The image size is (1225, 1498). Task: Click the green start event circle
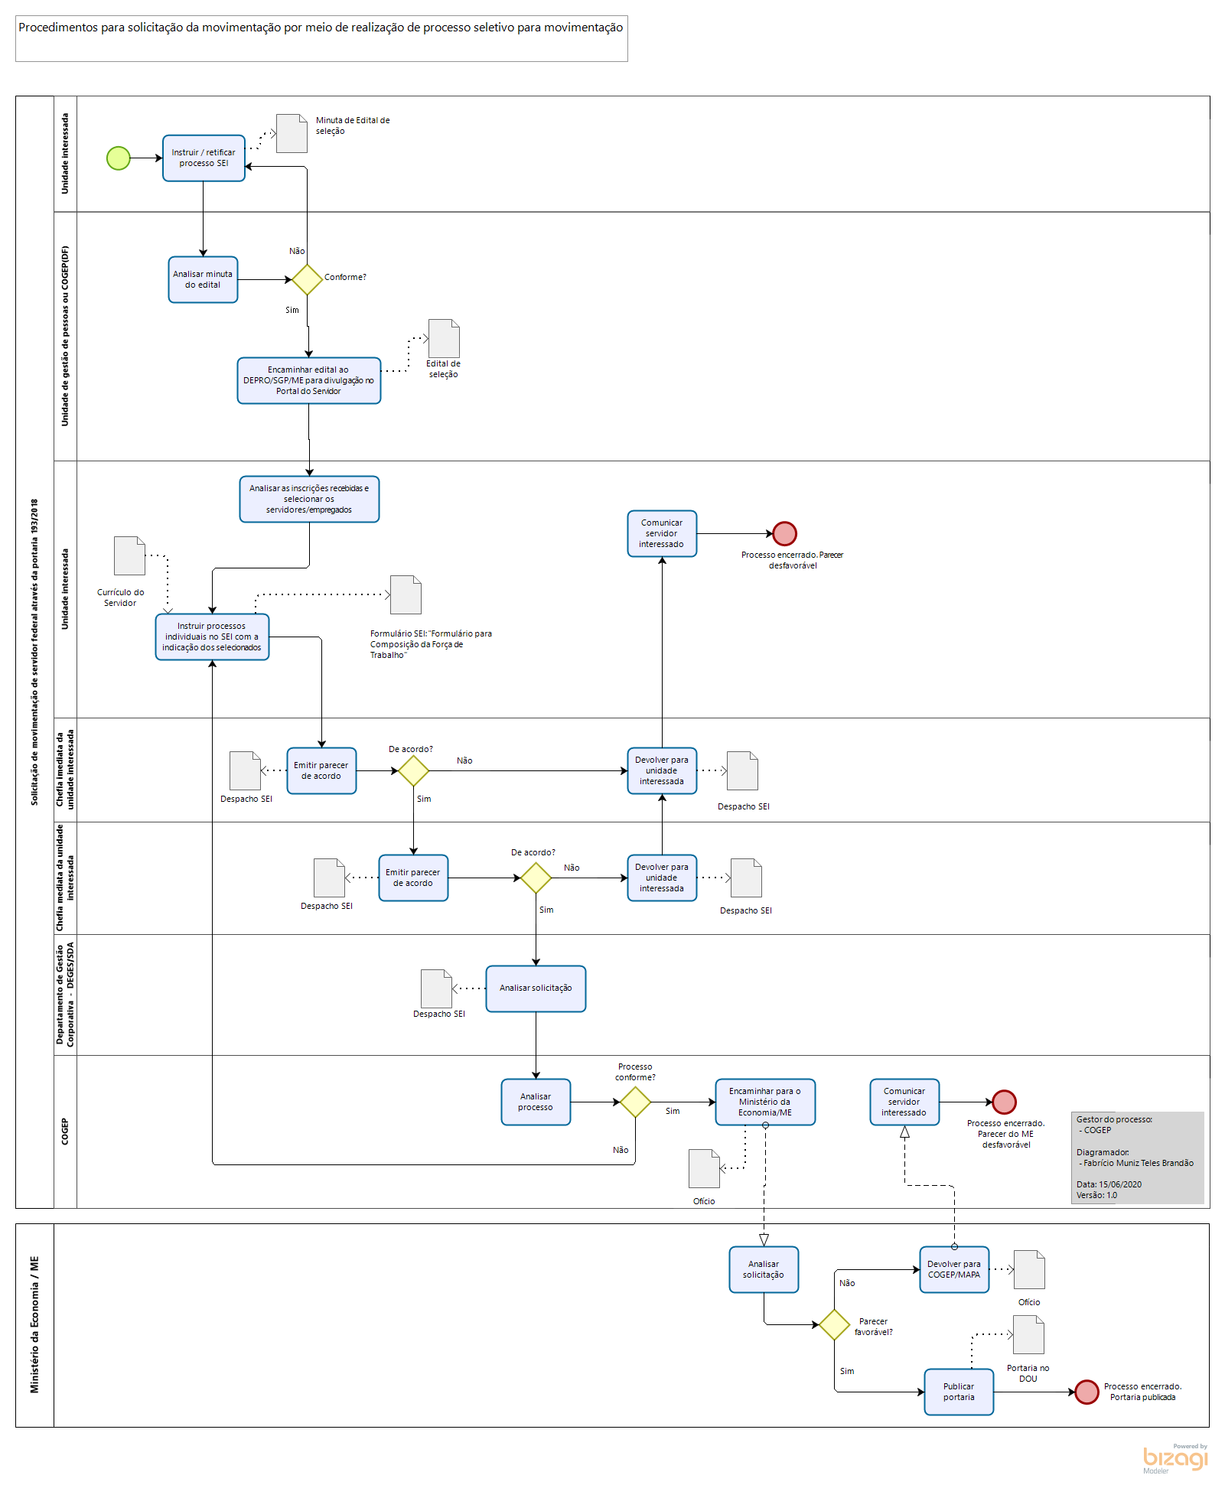pos(119,158)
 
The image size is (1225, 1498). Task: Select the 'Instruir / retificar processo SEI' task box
pos(204,158)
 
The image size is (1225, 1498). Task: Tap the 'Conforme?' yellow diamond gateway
pos(307,280)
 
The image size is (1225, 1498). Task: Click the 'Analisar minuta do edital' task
pos(203,280)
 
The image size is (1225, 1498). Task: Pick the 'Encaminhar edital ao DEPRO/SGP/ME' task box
pos(309,380)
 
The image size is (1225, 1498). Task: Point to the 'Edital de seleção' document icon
pos(444,338)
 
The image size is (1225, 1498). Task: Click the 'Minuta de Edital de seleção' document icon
pos(292,133)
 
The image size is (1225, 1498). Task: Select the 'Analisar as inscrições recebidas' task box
pos(309,499)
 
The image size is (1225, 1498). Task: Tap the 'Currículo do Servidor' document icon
pos(129,555)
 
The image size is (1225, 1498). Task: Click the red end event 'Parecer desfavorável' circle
pos(784,533)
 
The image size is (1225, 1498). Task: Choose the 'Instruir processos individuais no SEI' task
pos(212,637)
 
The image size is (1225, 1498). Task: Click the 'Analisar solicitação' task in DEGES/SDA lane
pos(536,988)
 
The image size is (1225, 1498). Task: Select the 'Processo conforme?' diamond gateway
pos(635,1102)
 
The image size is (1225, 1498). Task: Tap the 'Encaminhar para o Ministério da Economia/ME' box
pos(765,1102)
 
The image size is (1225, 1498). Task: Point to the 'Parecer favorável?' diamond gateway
pos(834,1324)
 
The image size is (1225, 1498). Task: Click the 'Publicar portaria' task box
pos(959,1392)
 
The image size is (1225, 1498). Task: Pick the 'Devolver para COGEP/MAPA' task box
pos(954,1269)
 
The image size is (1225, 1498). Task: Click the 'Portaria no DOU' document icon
pos(1028,1335)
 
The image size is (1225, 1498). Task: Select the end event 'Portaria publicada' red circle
pos(1087,1392)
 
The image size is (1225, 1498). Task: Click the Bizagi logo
pos(1175,1458)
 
